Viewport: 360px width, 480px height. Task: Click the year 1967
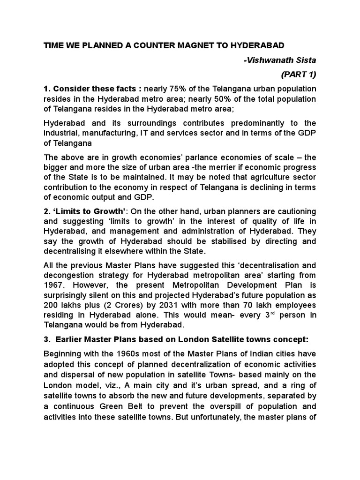point(54,285)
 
